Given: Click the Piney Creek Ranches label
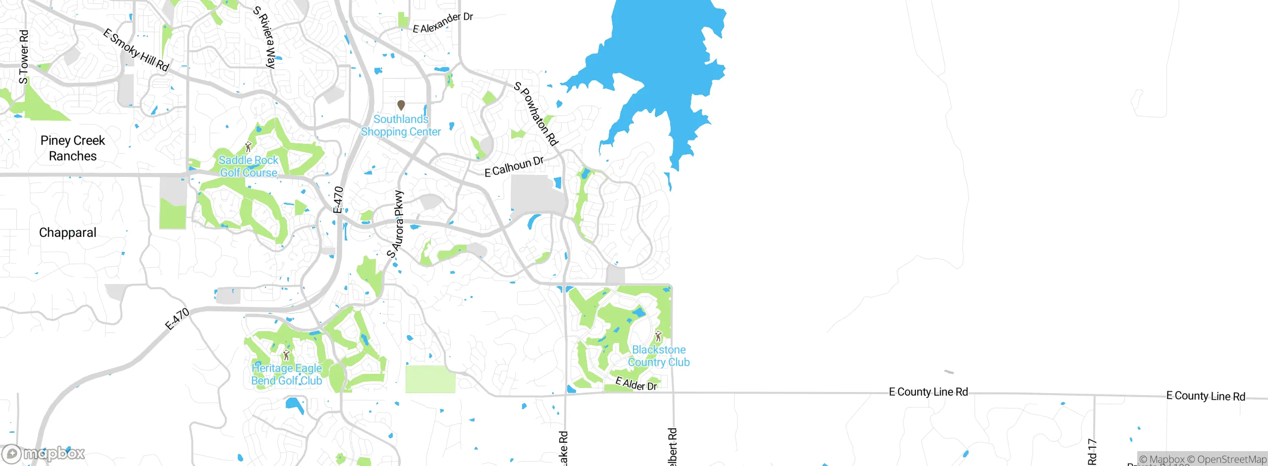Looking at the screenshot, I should click(73, 148).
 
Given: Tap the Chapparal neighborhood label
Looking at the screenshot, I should click(67, 233).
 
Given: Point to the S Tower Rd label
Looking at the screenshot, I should click(23, 57).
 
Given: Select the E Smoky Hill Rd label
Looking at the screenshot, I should click(136, 50).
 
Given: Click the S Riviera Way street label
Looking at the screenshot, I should click(264, 37).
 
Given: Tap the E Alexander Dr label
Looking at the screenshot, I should click(443, 23).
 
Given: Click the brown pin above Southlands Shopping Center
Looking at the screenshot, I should click(401, 105).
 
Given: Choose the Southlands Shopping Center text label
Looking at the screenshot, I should click(401, 125).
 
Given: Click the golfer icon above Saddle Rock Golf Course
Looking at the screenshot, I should click(249, 147).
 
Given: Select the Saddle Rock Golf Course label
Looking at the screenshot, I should click(249, 167).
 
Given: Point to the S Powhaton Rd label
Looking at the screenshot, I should click(536, 114).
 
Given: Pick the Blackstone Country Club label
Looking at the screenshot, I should click(659, 356).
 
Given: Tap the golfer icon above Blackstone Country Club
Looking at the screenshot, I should click(658, 337).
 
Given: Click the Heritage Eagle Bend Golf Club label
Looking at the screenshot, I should click(287, 374).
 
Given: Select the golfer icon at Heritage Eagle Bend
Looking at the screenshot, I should click(286, 355).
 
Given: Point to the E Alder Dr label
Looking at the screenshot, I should click(636, 384).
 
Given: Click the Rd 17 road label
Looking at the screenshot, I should click(1092, 452).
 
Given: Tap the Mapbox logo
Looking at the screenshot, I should click(44, 454).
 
